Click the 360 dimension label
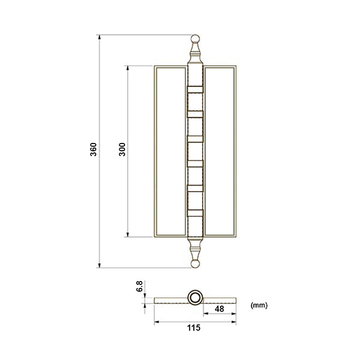point(93,150)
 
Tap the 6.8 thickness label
point(139,286)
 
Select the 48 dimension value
point(220,309)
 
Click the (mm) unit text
point(259,305)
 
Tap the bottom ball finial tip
point(195,264)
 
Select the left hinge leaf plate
point(170,151)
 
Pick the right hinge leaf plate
point(220,151)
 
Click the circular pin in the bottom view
point(195,297)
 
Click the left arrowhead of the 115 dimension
point(156,321)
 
